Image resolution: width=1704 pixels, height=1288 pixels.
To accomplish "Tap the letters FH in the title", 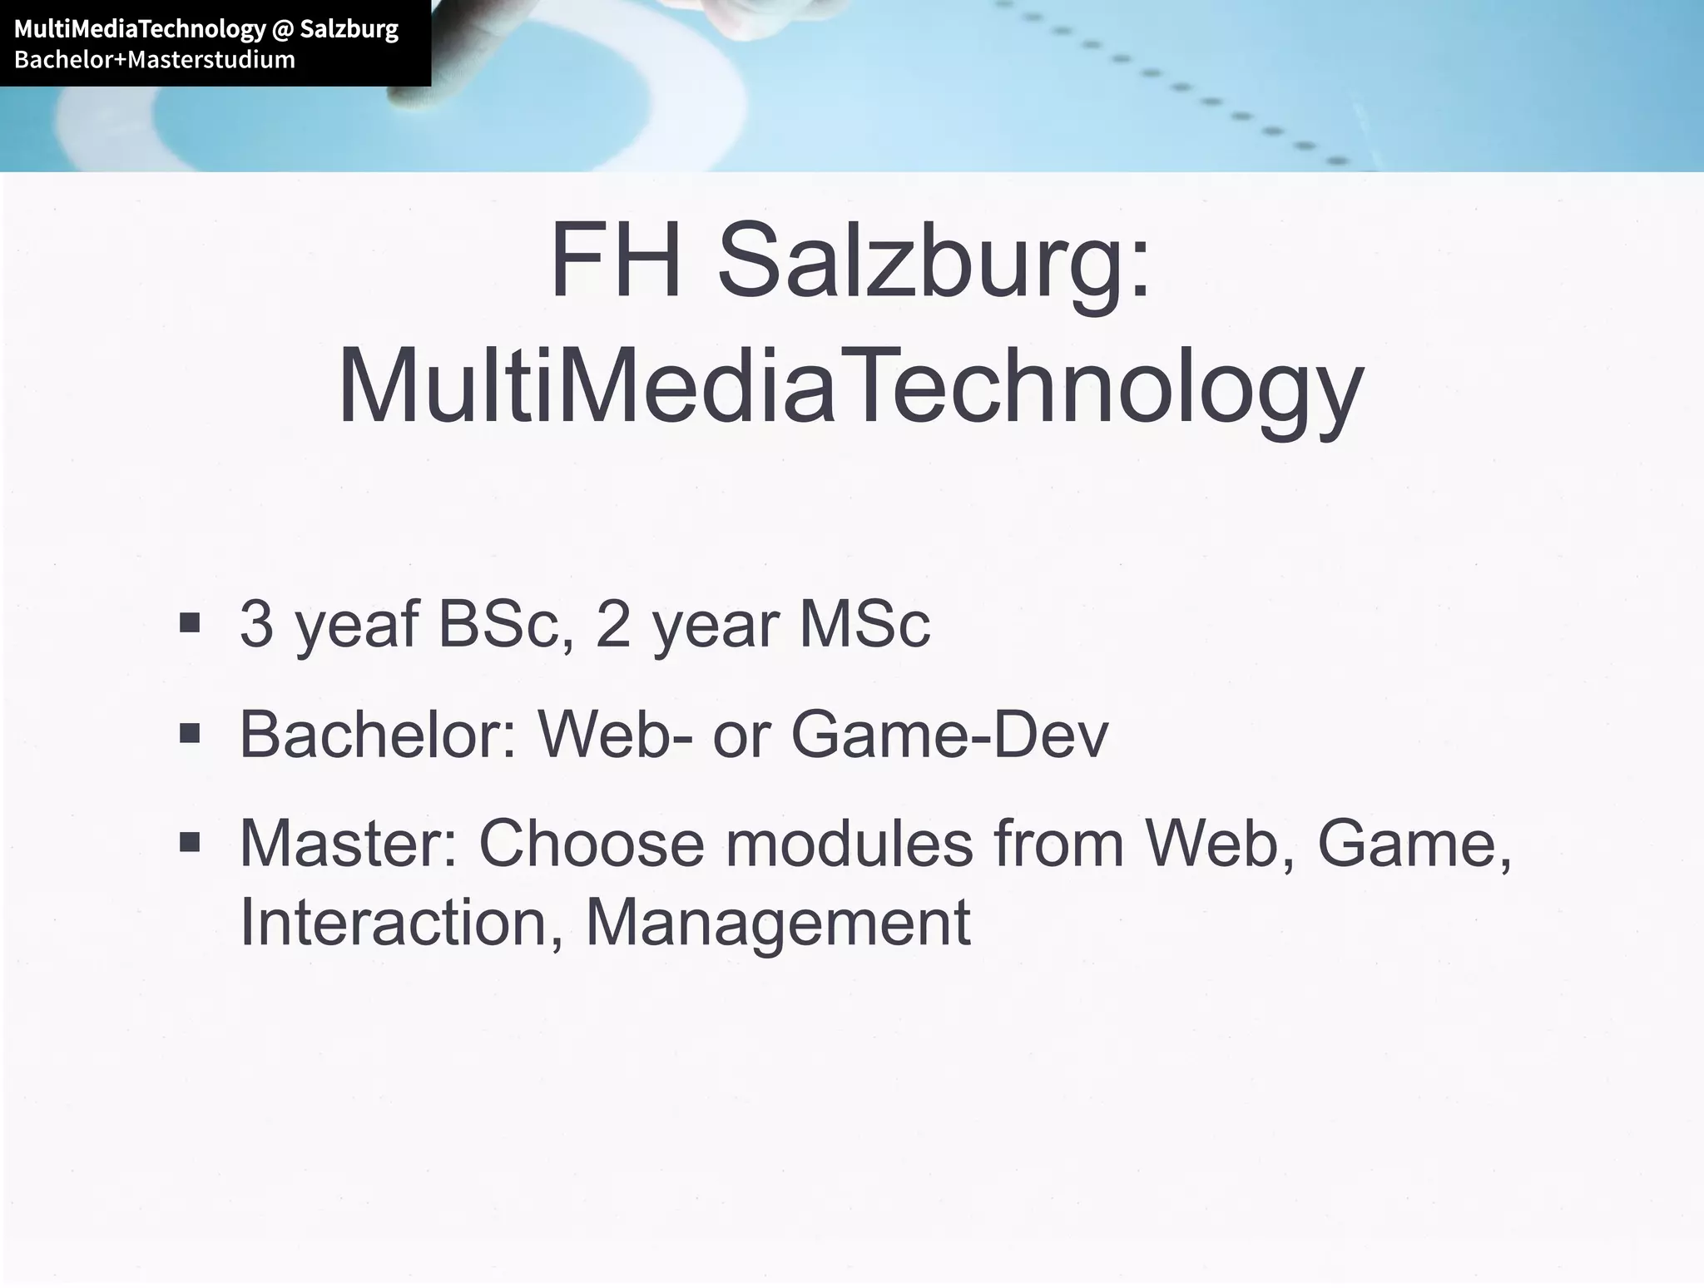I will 616,260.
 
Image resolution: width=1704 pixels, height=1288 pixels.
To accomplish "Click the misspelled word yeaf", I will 356,625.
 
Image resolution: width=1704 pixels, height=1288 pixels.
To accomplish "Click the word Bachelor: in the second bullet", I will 379,734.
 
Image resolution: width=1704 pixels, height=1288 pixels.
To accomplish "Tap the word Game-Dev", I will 949,734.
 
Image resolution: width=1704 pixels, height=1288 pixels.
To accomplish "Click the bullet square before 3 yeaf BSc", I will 190,622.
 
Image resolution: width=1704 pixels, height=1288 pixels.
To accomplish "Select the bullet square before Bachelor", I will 190,732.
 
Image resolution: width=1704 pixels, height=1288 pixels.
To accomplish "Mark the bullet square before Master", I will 190,843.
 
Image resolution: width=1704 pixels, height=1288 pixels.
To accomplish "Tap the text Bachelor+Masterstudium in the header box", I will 155,60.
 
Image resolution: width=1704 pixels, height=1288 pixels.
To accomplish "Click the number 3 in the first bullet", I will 256,623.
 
